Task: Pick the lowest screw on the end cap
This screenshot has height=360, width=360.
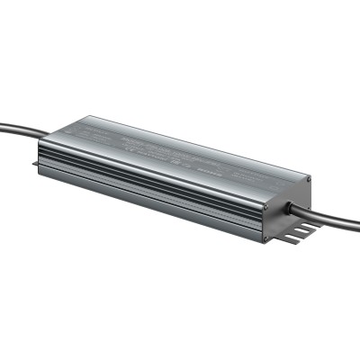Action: pyautogui.click(x=266, y=239)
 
